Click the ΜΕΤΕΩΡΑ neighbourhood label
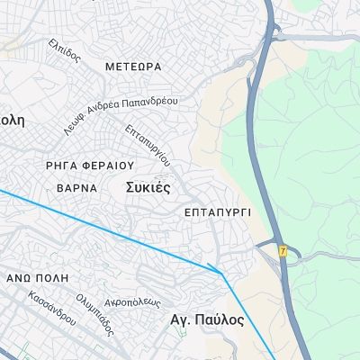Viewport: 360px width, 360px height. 133,67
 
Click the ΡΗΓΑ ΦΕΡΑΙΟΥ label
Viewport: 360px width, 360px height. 89,166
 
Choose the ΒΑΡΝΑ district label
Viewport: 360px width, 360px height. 76,190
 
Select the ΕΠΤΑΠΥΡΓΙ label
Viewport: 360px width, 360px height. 216,212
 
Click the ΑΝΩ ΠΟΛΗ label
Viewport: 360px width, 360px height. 31,279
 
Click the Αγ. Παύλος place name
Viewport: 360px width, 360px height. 207,319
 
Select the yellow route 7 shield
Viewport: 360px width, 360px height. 283,251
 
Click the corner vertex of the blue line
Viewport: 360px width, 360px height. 220,274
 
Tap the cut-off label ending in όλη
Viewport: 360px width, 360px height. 11,119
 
